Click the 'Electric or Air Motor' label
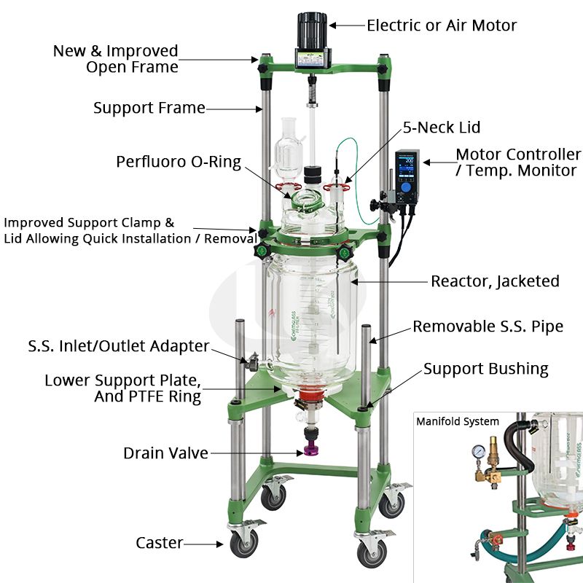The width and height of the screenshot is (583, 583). pyautogui.click(x=442, y=26)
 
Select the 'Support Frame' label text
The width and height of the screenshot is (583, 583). pyautogui.click(x=149, y=108)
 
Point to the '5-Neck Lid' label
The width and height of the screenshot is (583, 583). pyautogui.click(x=442, y=128)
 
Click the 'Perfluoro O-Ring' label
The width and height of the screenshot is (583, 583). pyautogui.click(x=179, y=161)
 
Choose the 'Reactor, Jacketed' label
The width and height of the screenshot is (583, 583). pyautogui.click(x=495, y=281)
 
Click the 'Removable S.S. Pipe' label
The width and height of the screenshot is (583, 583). pyautogui.click(x=488, y=326)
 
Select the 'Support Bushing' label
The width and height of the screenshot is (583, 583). pyautogui.click(x=485, y=369)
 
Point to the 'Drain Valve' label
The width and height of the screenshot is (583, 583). pyautogui.click(x=165, y=453)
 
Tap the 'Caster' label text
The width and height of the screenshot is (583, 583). pyautogui.click(x=160, y=543)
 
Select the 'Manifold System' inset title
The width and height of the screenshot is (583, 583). pyautogui.click(x=458, y=421)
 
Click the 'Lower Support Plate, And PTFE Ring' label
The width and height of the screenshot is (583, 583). pyautogui.click(x=122, y=388)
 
